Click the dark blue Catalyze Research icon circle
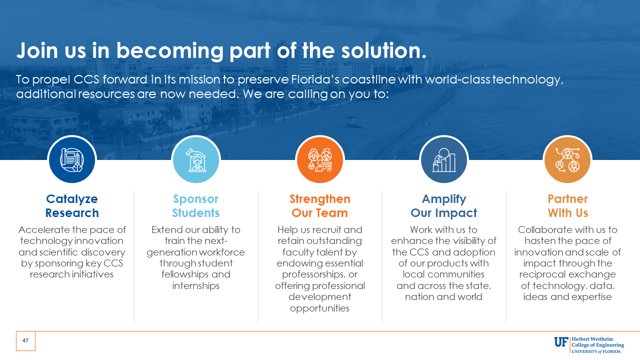pyautogui.click(x=72, y=159)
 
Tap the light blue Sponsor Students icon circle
pyautogui.click(x=196, y=159)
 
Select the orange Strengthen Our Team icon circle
pyautogui.click(x=320, y=159)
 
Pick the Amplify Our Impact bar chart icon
pyautogui.click(x=444, y=160)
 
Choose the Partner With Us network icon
pyautogui.click(x=567, y=160)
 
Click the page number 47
pyautogui.click(x=25, y=340)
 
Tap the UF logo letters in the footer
pyautogui.click(x=561, y=342)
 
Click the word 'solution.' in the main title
pyautogui.click(x=383, y=50)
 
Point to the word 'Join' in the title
pyautogui.click(x=37, y=50)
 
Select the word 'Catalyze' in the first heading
pyautogui.click(x=72, y=199)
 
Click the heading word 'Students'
pyautogui.click(x=196, y=213)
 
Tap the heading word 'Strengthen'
pyautogui.click(x=320, y=199)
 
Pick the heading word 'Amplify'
pyautogui.click(x=444, y=199)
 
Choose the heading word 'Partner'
pyautogui.click(x=567, y=199)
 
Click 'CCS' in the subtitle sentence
pyautogui.click(x=86, y=79)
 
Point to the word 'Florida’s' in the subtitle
pyautogui.click(x=315, y=79)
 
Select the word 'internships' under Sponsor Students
pyautogui.click(x=196, y=285)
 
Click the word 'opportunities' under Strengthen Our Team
pyautogui.click(x=319, y=308)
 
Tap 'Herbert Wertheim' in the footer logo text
pyautogui.click(x=592, y=339)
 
